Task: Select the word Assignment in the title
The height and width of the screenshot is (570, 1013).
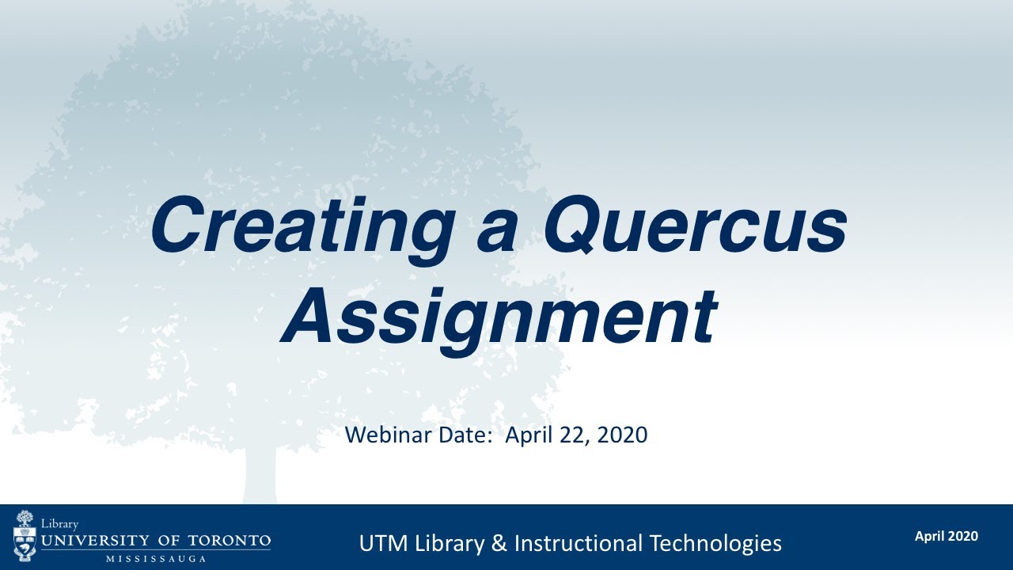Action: tap(499, 316)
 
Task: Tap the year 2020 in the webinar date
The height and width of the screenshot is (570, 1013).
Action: tap(623, 435)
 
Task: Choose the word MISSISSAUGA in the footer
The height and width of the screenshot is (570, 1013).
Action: tap(155, 558)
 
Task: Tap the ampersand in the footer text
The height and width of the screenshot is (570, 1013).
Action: tap(498, 543)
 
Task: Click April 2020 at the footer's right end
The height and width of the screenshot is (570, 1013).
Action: tap(946, 536)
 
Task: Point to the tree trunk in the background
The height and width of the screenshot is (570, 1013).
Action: tap(260, 475)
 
